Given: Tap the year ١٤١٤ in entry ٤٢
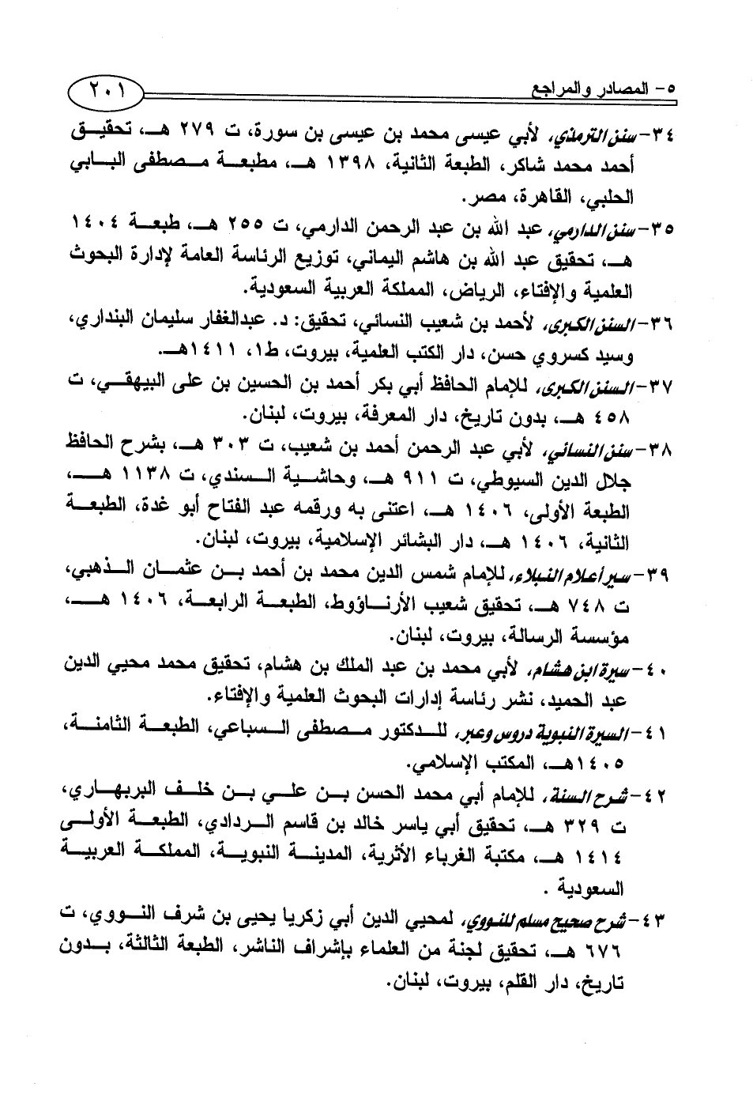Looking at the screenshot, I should [x=619, y=856].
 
